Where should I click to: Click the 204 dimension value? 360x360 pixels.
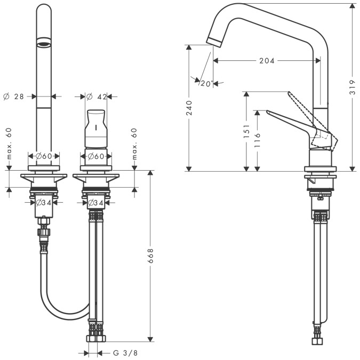point(267,61)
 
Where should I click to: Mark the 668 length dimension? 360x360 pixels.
point(150,258)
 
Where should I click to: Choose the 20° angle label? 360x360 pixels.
point(206,83)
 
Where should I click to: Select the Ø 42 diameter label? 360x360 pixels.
point(99,97)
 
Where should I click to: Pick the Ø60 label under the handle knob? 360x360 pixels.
point(96,156)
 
